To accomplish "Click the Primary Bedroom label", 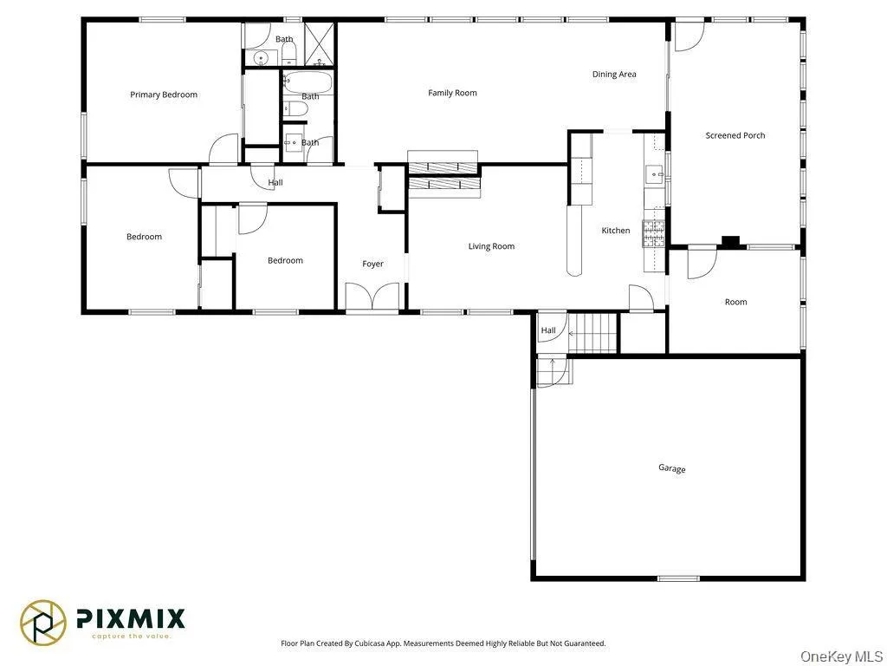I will [x=164, y=95].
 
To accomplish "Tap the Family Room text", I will [x=452, y=93].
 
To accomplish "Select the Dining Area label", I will [x=614, y=75].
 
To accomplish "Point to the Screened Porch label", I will [x=735, y=135].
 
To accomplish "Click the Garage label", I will [x=671, y=468].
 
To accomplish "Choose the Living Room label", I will [x=491, y=246].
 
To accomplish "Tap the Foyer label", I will [x=372, y=264].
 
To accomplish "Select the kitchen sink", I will [x=654, y=172].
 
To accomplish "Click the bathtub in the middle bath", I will [x=308, y=83].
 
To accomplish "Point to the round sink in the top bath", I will [x=261, y=58].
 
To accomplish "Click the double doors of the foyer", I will [x=372, y=297].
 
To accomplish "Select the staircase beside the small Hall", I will [x=593, y=332].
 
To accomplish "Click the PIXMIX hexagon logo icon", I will [x=43, y=622].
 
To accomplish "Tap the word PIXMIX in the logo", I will [x=131, y=618].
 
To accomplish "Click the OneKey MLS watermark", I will [x=840, y=656].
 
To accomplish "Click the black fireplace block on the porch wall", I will [x=730, y=242].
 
